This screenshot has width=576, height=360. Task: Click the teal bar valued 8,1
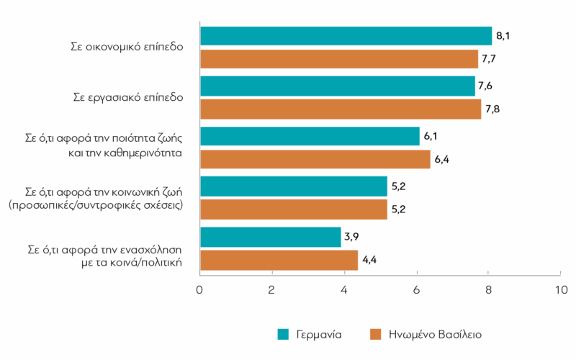[346, 36]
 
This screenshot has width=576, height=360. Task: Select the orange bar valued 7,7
[338, 59]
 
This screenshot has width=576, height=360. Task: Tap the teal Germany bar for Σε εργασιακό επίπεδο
[337, 86]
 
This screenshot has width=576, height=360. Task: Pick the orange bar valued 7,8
[340, 109]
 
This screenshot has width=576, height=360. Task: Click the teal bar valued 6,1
[310, 136]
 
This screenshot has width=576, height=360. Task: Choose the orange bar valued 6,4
[315, 159]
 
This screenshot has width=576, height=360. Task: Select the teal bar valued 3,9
[270, 237]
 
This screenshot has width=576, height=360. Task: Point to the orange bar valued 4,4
[279, 260]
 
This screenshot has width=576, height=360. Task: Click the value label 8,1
[504, 35]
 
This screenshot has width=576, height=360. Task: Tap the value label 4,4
[370, 259]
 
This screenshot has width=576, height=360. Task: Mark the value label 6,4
[442, 158]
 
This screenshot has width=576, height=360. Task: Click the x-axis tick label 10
[560, 290]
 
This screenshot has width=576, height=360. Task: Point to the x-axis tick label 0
[199, 290]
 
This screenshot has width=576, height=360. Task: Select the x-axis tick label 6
[417, 290]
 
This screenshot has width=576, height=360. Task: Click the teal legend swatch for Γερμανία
[283, 335]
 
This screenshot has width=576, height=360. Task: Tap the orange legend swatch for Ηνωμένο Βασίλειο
[374, 335]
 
